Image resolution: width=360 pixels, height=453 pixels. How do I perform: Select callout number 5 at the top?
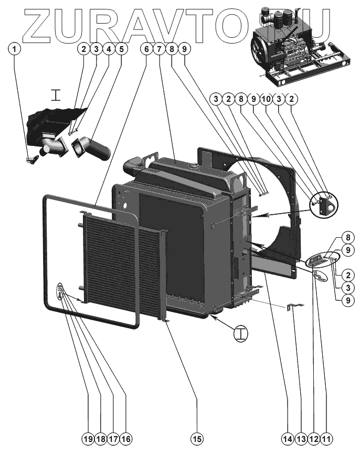point(121,49)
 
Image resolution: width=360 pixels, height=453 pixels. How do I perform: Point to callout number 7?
point(159,49)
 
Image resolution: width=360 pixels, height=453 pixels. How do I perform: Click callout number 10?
point(266,98)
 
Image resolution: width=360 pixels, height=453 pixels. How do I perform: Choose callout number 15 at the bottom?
point(197,438)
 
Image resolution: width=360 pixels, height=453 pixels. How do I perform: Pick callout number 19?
point(88,438)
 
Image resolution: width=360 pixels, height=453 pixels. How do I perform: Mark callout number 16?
point(125,438)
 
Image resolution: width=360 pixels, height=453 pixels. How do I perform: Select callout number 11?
point(327,438)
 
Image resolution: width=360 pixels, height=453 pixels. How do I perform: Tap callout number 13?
point(300,438)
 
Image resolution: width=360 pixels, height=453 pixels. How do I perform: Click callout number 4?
point(109,49)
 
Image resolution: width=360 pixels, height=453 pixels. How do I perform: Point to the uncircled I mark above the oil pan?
point(56,95)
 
